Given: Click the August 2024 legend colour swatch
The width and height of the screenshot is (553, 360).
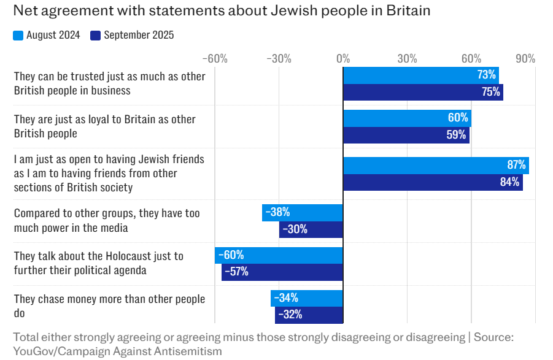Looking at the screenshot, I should tap(18, 36).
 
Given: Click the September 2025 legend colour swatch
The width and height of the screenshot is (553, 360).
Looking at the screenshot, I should tap(95, 36).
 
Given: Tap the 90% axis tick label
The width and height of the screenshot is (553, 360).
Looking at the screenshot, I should tap(525, 59).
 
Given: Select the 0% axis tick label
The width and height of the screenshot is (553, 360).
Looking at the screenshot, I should tap(343, 59).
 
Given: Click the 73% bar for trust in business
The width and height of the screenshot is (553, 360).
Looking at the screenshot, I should tap(420, 75).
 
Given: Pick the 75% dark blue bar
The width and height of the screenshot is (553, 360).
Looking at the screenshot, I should tap(423, 93).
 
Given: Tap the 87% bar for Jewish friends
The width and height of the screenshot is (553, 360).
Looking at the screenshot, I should tap(436, 165).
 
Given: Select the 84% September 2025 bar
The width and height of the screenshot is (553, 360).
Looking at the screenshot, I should tap(433, 182).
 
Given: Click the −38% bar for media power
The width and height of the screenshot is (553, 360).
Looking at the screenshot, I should tap(303, 213).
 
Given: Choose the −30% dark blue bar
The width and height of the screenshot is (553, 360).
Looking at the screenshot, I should tap(311, 229).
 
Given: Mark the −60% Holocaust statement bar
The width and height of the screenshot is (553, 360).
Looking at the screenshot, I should tap(279, 255).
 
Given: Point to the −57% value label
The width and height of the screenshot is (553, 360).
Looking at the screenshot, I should tap(236, 272).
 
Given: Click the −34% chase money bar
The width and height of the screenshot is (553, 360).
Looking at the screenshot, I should tap(307, 298).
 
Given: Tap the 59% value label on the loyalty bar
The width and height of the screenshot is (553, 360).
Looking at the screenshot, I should tap(456, 135).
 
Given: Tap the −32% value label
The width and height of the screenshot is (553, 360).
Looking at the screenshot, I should tap(290, 315).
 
